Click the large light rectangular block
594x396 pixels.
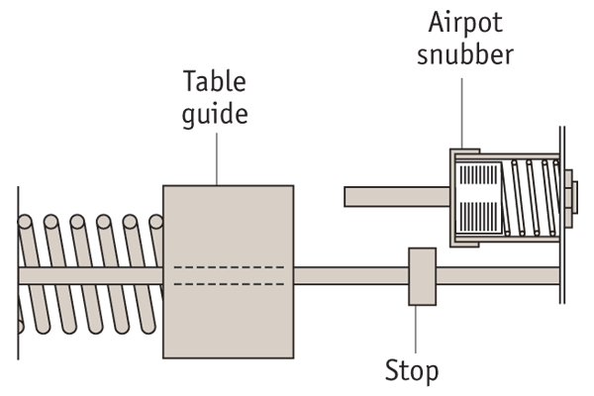[228, 228]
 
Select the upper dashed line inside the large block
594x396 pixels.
[228, 267]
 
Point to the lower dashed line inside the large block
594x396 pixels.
[228, 284]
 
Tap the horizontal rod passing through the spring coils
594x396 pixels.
[89, 275]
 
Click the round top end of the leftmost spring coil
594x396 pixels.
[25, 223]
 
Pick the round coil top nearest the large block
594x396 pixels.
[156, 223]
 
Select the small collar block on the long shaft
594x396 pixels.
[422, 276]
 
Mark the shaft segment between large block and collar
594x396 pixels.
[351, 276]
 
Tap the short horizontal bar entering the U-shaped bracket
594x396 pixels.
[396, 196]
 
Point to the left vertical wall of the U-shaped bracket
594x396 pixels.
[452, 198]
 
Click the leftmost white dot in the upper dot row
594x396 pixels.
[514, 162]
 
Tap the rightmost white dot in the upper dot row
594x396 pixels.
[555, 162]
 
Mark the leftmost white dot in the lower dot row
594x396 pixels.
[507, 234]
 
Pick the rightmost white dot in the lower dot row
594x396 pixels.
[552, 234]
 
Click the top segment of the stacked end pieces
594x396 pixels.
[568, 179]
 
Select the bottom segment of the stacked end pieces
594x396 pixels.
[568, 217]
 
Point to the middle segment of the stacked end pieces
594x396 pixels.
[568, 198]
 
